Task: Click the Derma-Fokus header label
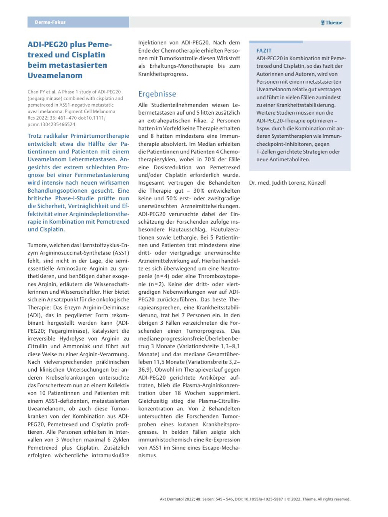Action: [x=50, y=22]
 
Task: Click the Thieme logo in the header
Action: [x=331, y=23]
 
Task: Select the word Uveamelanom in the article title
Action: [x=55, y=76]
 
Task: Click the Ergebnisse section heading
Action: [x=157, y=94]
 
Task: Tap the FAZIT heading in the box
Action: [x=264, y=50]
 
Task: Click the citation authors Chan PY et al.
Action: [x=42, y=92]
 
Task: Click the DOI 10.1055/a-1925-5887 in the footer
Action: [x=263, y=499]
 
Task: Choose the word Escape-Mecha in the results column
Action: [x=222, y=448]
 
